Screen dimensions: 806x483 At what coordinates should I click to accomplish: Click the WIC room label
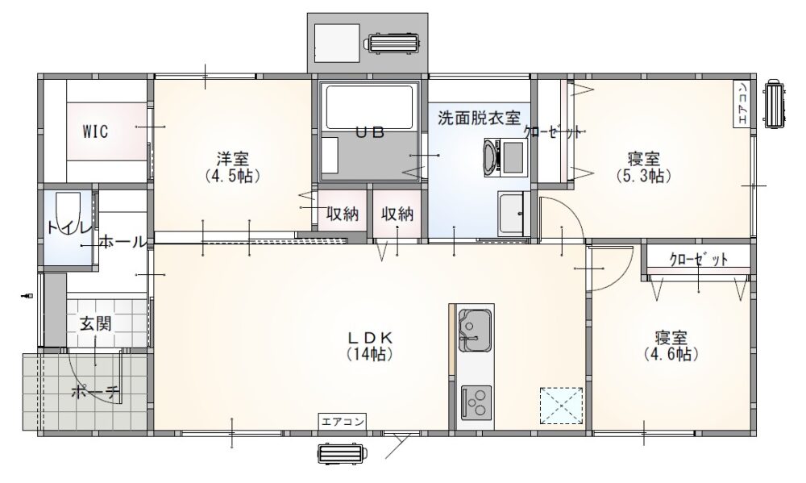tap(96, 131)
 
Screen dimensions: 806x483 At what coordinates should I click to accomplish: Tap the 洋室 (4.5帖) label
tap(233, 167)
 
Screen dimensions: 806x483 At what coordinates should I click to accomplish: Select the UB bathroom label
tap(371, 132)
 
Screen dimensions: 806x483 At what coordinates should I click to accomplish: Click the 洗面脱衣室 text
tap(479, 118)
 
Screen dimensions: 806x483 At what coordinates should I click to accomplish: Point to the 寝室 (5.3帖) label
tap(643, 167)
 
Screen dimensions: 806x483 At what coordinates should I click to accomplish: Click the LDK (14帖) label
tap(370, 346)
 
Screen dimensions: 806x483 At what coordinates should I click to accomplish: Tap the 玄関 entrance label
tap(96, 323)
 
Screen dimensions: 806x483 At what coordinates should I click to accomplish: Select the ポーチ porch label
tap(96, 393)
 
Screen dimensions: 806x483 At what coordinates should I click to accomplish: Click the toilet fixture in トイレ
tap(68, 214)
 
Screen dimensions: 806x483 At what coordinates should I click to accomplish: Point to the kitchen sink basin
tap(475, 331)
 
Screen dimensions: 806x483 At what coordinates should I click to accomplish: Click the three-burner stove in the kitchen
tap(476, 402)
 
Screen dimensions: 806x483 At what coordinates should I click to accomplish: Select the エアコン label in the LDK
tap(343, 421)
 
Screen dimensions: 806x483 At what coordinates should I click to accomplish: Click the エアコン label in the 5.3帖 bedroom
tap(742, 103)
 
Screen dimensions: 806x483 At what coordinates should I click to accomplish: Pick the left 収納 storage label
tap(343, 214)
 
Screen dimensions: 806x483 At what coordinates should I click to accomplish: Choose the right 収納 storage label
tap(397, 214)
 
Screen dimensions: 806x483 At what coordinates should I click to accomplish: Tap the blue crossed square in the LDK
tap(561, 406)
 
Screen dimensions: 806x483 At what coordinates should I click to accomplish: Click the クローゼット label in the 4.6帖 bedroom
tap(699, 260)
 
